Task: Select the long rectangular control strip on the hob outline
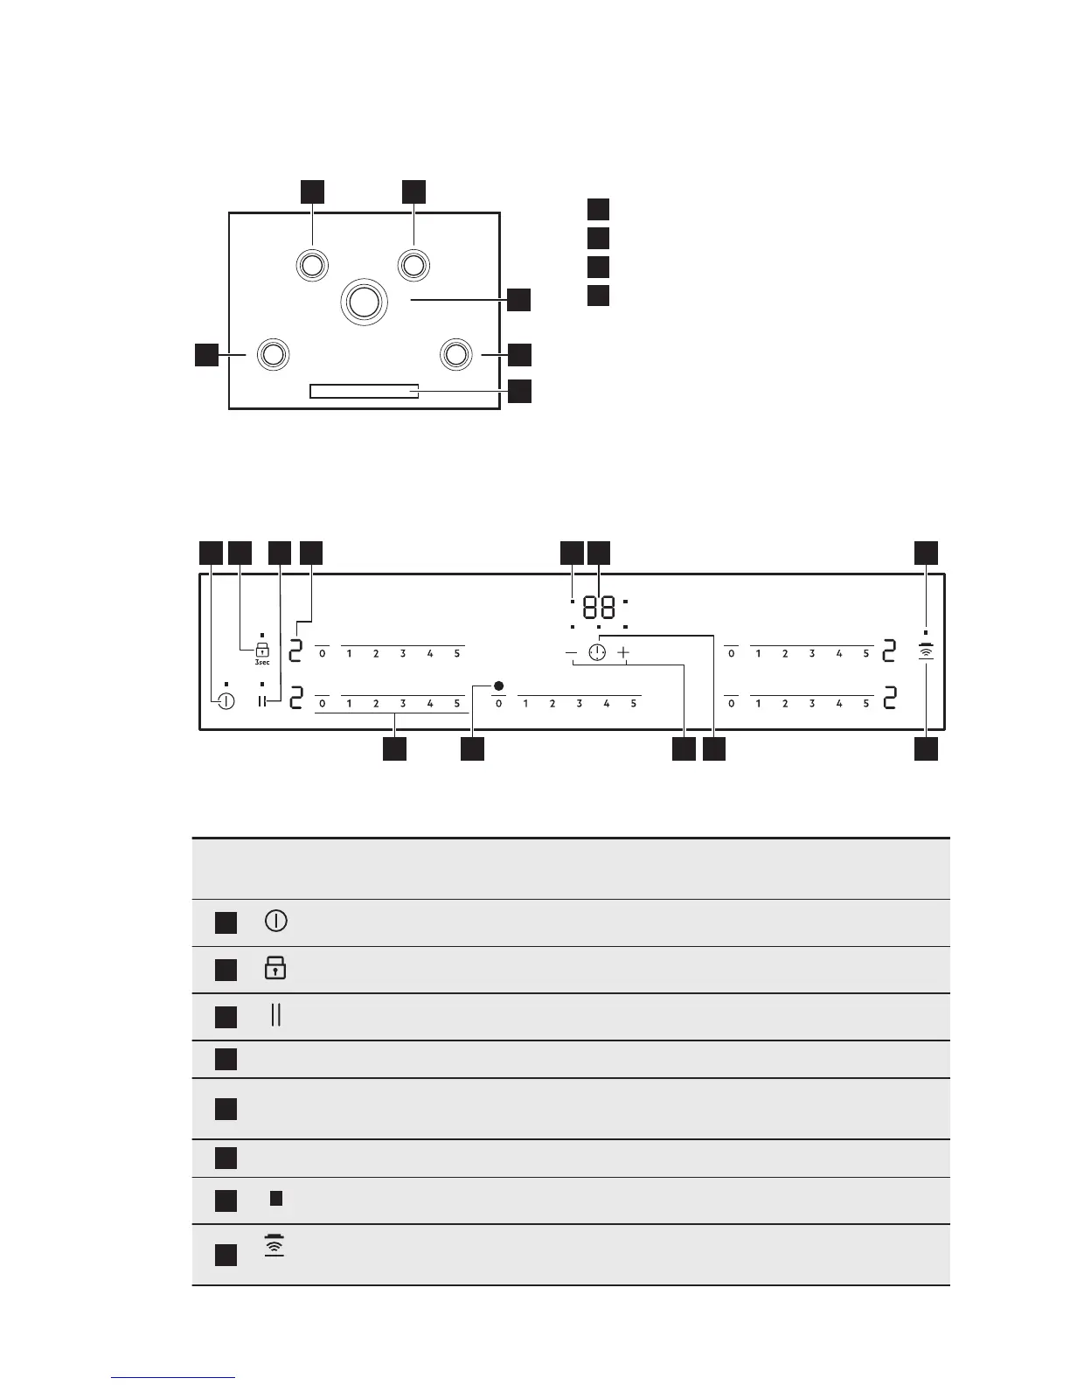click(364, 391)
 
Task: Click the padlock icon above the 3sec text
click(261, 649)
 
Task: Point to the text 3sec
click(262, 663)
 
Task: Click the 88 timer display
click(599, 608)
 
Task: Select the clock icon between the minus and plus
click(597, 653)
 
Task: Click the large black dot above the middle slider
click(497, 686)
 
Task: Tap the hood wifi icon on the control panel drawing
click(926, 651)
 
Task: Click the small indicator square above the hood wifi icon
click(926, 631)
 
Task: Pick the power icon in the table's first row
click(275, 921)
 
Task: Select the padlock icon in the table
click(275, 968)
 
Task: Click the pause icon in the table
click(275, 1015)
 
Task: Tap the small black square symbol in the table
click(275, 1199)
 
